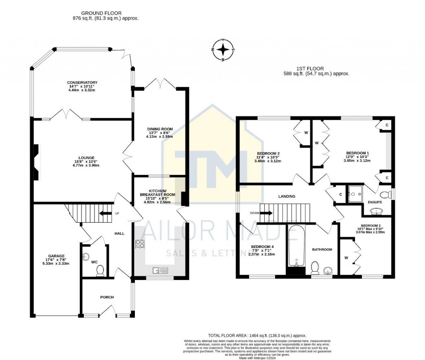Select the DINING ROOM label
[160, 129]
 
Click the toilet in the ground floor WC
[100, 270]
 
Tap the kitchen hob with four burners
[139, 244]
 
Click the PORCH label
[107, 297]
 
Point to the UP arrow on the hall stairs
[106, 214]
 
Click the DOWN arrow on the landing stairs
[266, 213]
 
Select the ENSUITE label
[375, 202]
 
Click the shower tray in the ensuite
[356, 194]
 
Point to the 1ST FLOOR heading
[310, 68]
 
